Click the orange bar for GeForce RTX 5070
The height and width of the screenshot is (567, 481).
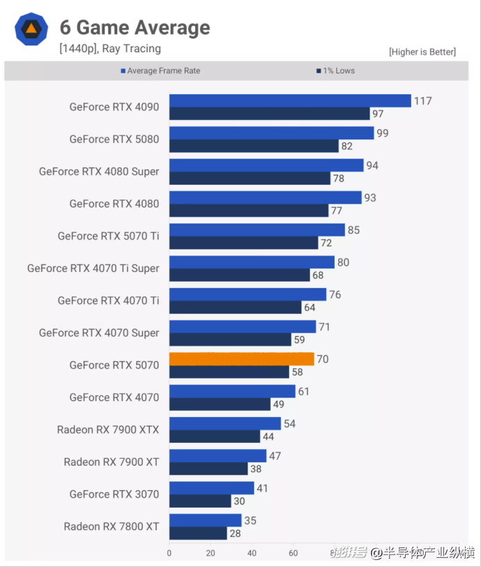coord(241,359)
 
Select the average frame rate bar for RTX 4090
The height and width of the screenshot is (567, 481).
coord(290,101)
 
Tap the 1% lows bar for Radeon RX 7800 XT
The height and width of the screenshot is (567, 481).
coord(198,534)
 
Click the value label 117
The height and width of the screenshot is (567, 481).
coord(422,101)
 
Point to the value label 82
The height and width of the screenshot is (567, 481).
coord(346,146)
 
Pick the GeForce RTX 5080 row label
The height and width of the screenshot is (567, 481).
coord(114,139)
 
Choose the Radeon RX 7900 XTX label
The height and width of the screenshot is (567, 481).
coord(108,430)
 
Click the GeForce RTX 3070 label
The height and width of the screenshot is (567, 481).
coord(114,494)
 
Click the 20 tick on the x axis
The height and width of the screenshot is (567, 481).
coord(211,553)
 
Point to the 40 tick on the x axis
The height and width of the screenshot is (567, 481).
coord(252,553)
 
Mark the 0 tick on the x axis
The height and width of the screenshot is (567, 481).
coord(169,553)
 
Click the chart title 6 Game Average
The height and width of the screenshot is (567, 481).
coord(135,28)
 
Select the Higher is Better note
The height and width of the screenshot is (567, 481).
coord(422,52)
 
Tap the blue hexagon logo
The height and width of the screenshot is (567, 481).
coord(31,29)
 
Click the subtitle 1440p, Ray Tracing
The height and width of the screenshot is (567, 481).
coord(110,49)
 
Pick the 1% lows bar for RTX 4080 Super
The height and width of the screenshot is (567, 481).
coord(250,179)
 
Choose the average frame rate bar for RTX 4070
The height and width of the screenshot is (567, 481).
coord(232,391)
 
